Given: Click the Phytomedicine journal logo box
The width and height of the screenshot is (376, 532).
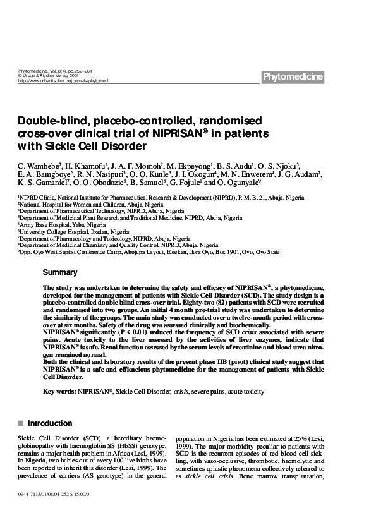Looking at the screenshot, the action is tap(293, 77).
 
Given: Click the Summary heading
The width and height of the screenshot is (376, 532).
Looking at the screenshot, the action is tap(60, 273).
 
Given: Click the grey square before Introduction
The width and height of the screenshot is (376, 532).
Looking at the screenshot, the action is tap(21, 423).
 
